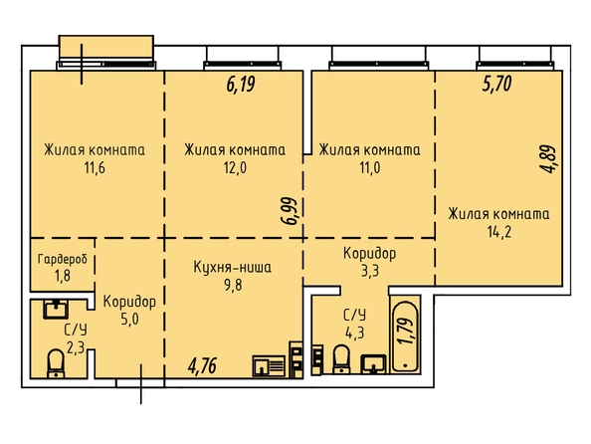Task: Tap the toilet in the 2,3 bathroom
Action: pos(56,363)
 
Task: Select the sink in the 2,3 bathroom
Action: pos(56,309)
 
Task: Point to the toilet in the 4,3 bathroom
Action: pos(341,359)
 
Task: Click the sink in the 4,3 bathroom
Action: pos(373,364)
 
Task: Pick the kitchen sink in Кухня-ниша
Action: pos(269,366)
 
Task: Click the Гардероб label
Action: pos(63,259)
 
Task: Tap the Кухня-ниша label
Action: pos(232,267)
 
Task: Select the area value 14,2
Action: pos(499,232)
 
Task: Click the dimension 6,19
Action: pos(241,84)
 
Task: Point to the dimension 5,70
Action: pos(496,84)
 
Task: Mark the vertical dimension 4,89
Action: pos(547,159)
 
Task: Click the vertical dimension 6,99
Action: pos(291,210)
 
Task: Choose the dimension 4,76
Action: pos(202,366)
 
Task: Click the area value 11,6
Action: pos(95,167)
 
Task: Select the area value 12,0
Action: pos(235,167)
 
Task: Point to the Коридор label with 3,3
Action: pos(369,253)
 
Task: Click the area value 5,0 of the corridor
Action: pos(129,319)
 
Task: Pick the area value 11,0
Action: pos(370,167)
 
